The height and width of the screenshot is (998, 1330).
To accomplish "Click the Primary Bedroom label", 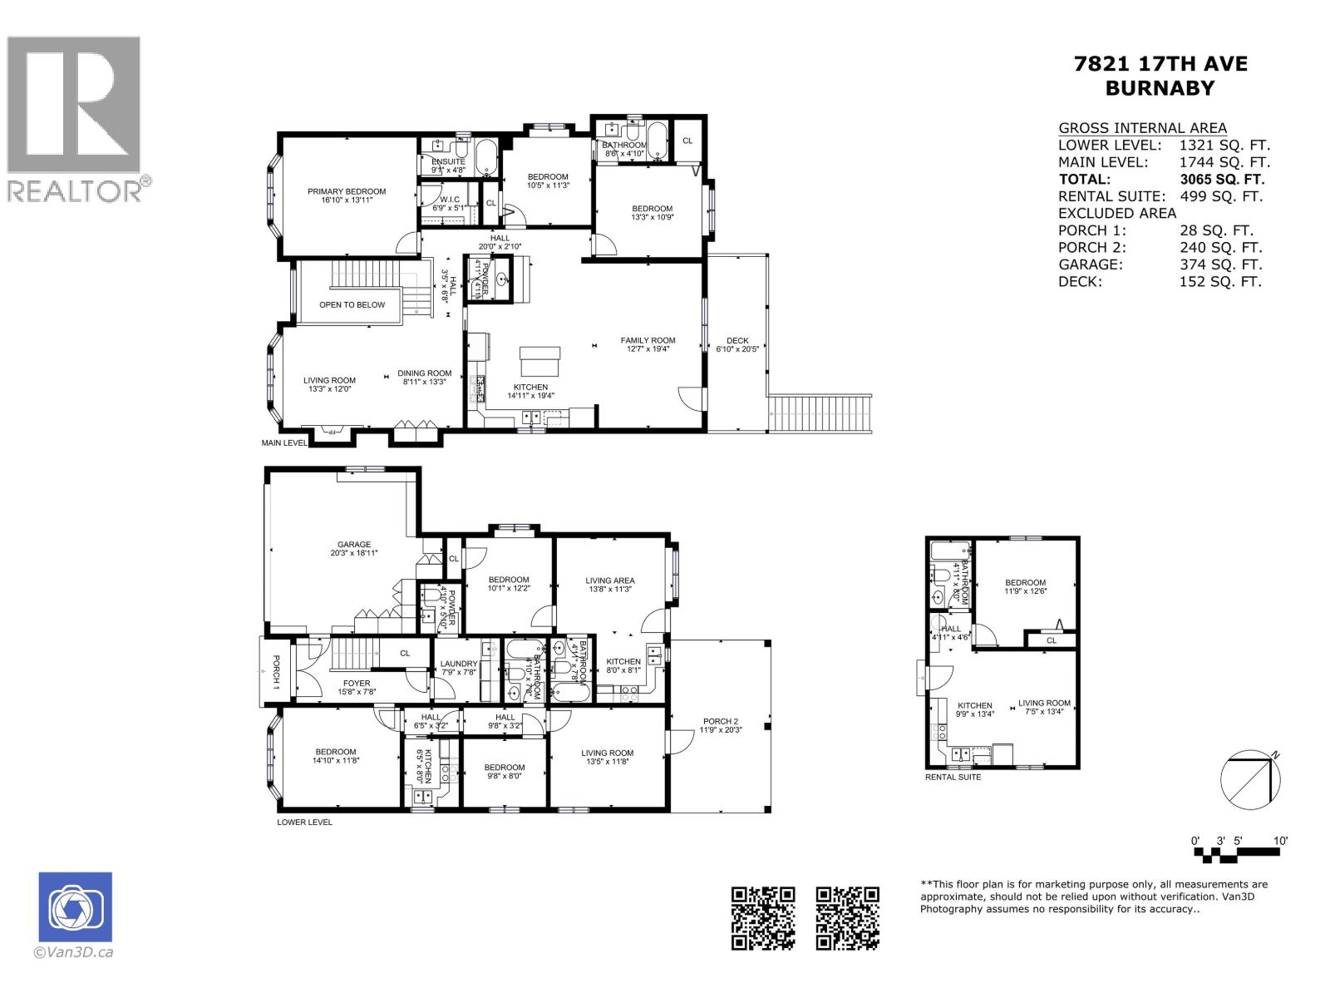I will [347, 192].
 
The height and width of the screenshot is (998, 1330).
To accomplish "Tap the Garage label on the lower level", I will [353, 546].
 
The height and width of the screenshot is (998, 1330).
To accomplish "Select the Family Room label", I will [648, 340].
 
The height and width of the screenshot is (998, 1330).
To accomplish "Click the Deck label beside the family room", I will [737, 341].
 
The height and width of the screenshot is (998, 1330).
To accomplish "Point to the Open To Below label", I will [352, 305].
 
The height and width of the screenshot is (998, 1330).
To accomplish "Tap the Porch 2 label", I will [720, 722].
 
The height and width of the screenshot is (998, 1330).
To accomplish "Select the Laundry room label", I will [458, 665].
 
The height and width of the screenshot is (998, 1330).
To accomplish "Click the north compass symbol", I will [1250, 778].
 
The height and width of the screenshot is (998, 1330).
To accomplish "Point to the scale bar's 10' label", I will [1280, 841].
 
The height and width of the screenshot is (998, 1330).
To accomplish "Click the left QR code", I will [762, 918].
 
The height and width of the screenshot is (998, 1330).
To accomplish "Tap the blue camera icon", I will [75, 907].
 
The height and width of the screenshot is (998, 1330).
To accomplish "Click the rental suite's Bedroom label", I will [1025, 583].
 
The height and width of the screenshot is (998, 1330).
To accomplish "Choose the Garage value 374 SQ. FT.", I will [1220, 264].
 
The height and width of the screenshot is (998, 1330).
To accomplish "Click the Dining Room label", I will [424, 374].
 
